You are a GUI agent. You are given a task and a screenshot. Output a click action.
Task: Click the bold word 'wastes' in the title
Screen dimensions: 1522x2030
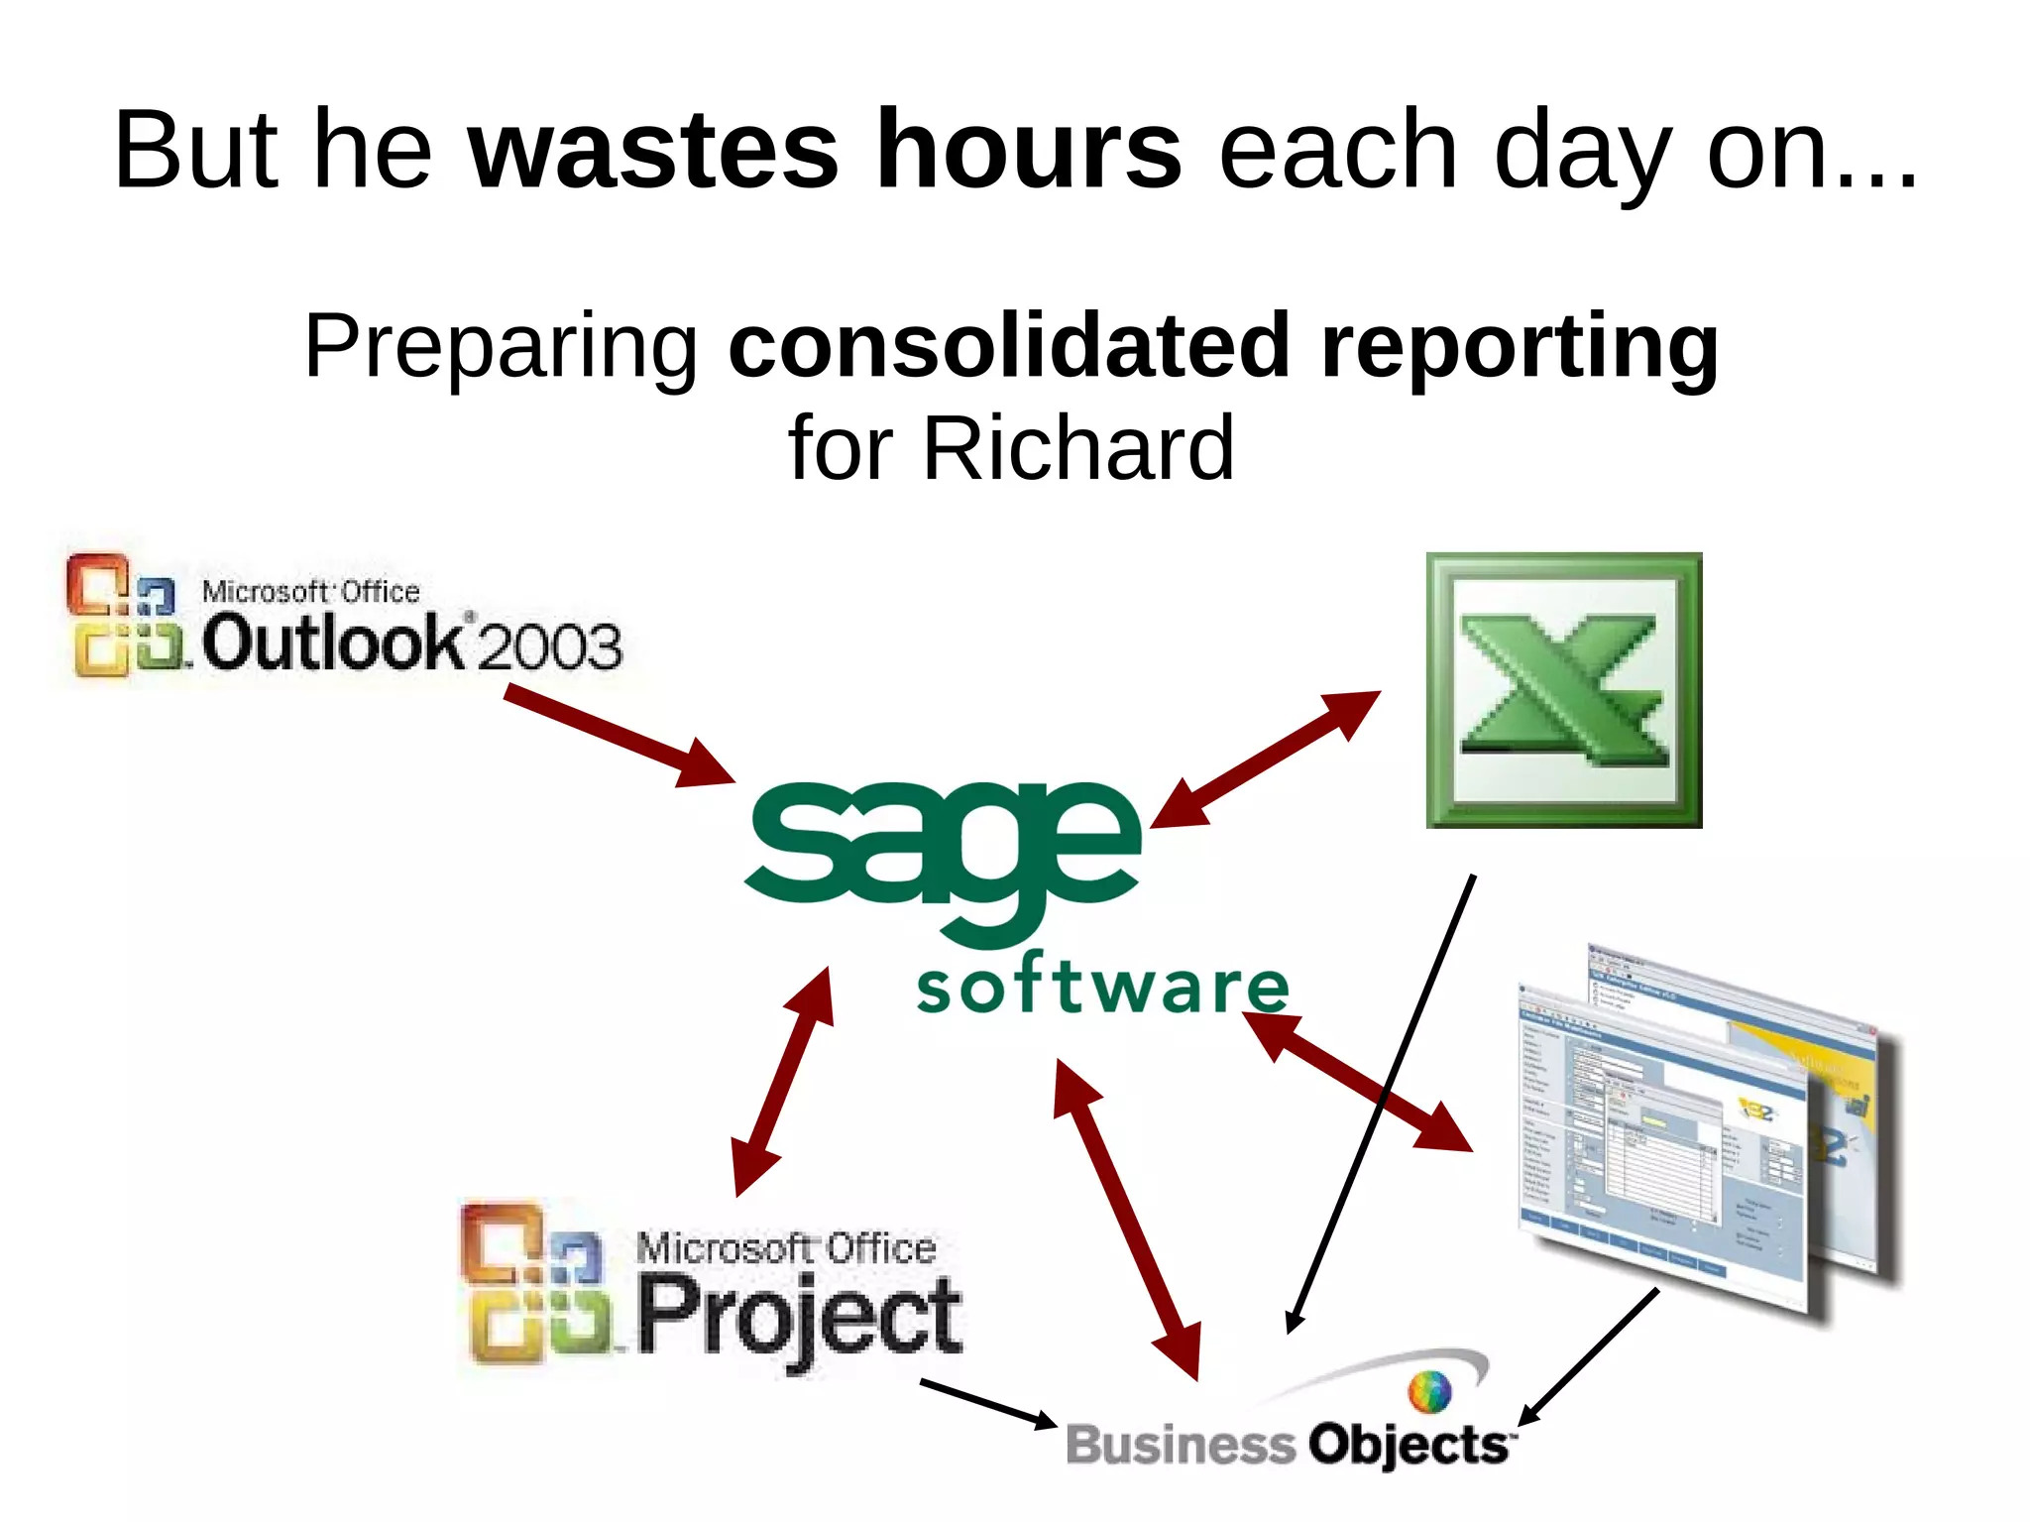pyautogui.click(x=653, y=151)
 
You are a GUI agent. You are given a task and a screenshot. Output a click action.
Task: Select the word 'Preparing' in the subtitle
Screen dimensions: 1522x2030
pyautogui.click(x=502, y=347)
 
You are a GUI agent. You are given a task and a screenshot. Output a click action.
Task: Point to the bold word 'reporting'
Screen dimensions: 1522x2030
pyautogui.click(x=1519, y=347)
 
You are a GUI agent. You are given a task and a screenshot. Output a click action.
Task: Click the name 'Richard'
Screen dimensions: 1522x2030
pyautogui.click(x=1078, y=448)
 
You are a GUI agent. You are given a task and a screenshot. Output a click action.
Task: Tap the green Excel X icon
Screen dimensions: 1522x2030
pyautogui.click(x=1563, y=690)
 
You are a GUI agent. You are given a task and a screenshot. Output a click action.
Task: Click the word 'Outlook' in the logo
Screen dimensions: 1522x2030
pyautogui.click(x=332, y=643)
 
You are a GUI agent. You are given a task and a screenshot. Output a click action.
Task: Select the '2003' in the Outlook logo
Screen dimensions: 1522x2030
pyautogui.click(x=550, y=646)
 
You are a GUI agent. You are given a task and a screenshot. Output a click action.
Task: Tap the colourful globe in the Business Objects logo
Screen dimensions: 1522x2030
pyautogui.click(x=1429, y=1391)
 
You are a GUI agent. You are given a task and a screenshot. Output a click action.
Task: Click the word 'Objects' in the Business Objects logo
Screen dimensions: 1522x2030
pyautogui.click(x=1408, y=1445)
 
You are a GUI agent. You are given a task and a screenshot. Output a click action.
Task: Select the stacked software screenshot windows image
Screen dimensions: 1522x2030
pyautogui.click(x=1705, y=1130)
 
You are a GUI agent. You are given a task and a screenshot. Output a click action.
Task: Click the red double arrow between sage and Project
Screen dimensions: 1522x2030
pyautogui.click(x=783, y=1082)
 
